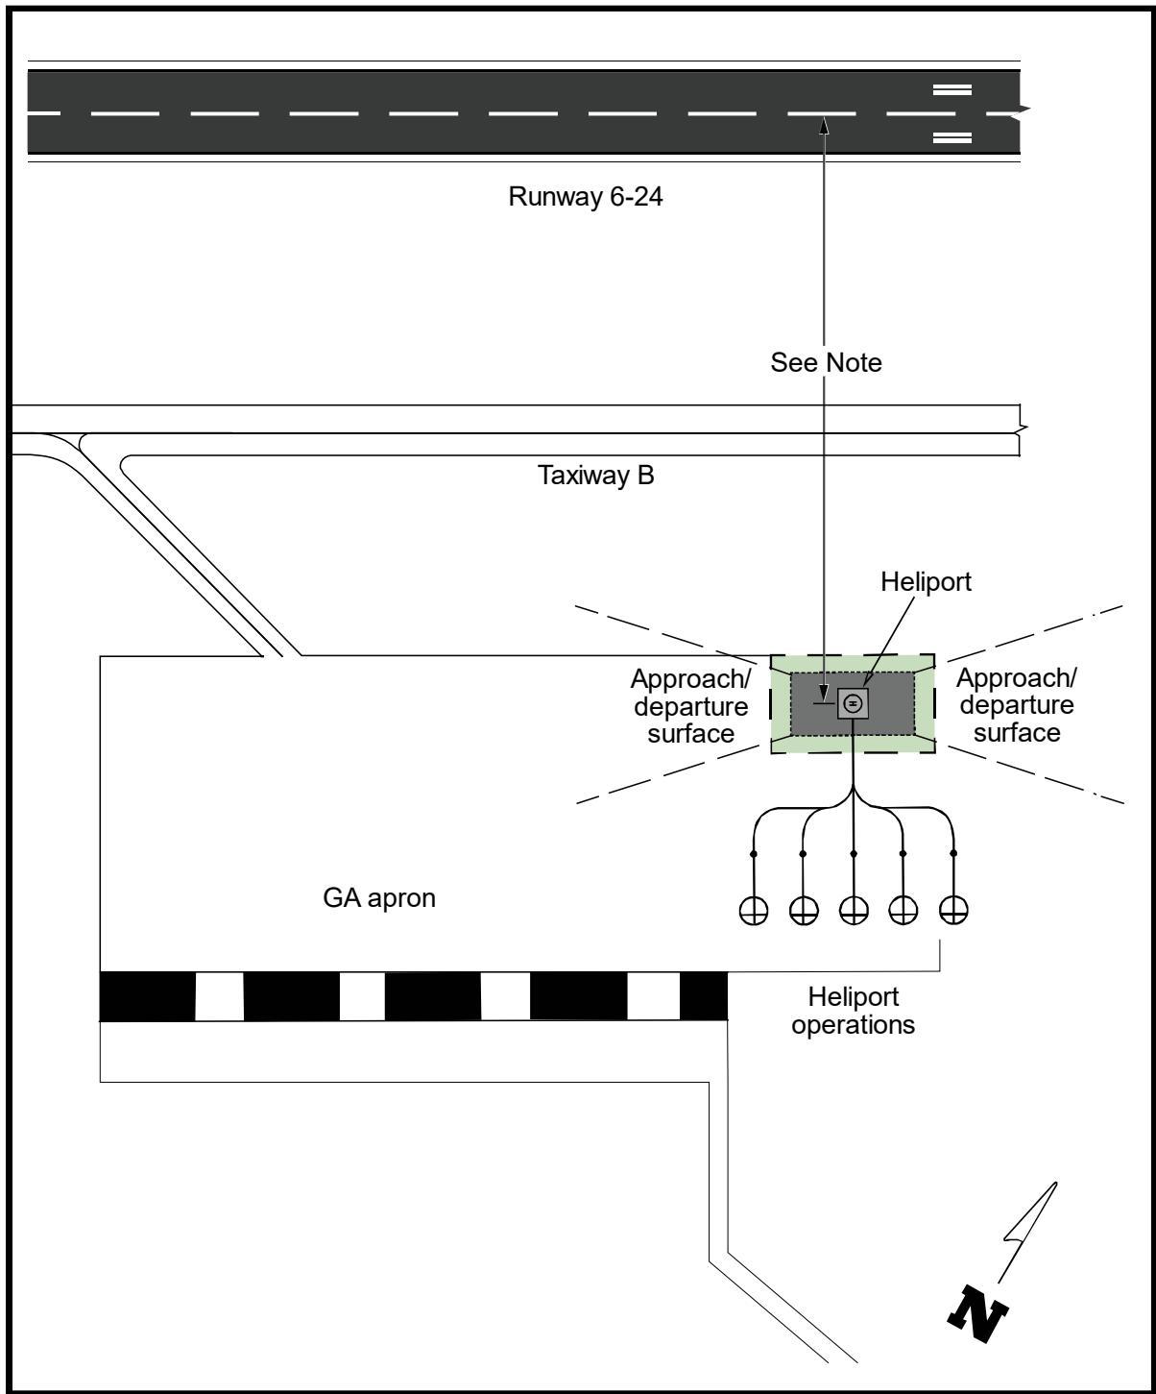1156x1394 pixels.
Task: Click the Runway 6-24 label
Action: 586,197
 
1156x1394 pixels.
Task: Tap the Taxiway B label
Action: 595,476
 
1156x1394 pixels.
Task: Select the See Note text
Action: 826,362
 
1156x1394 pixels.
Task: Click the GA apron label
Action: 379,898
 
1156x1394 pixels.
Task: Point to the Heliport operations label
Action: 853,1011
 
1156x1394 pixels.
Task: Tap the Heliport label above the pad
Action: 926,581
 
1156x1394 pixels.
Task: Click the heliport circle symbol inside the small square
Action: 853,703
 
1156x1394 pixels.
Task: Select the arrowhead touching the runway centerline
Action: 824,126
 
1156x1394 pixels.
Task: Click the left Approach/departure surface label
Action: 690,706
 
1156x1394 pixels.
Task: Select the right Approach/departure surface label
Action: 1017,705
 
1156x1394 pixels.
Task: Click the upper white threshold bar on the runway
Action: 951,89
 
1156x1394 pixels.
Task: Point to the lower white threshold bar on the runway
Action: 951,138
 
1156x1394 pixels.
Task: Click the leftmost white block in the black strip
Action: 219,997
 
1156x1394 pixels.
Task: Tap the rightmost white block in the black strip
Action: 654,997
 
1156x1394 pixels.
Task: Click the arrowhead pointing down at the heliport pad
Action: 824,694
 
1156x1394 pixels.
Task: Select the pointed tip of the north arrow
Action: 1056,1183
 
